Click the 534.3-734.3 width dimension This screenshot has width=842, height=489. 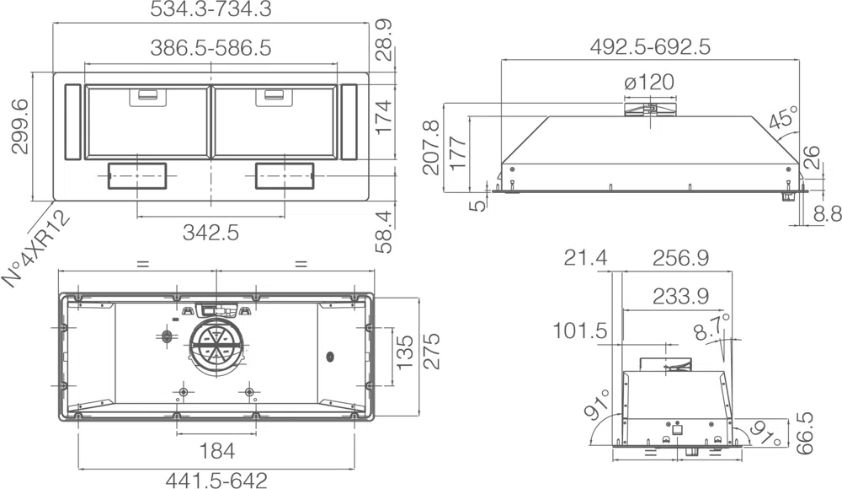click(210, 9)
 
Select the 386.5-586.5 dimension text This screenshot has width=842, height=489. click(210, 48)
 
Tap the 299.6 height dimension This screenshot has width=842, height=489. click(20, 127)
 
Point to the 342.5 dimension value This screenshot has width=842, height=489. click(210, 233)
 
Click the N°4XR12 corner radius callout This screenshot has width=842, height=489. click(36, 249)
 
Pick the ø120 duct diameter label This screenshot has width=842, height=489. click(649, 83)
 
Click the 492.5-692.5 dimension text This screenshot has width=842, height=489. click(650, 47)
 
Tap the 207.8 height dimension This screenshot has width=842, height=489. click(430, 148)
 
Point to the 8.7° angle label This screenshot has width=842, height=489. click(712, 327)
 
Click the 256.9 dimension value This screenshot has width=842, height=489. click(680, 259)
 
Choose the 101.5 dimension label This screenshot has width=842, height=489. click(580, 330)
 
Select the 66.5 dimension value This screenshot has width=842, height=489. click(804, 433)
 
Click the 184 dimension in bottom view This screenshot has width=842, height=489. click(217, 451)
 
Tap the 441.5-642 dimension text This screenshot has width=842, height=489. click(216, 480)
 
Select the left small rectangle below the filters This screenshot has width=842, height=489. click(137, 176)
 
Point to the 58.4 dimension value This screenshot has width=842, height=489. click(385, 232)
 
